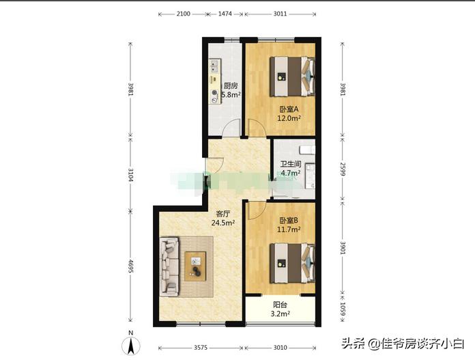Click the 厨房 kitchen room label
(231, 86)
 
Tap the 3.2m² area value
(280, 315)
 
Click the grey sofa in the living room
(169, 265)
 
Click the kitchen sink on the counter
(215, 68)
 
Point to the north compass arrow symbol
(132, 336)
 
